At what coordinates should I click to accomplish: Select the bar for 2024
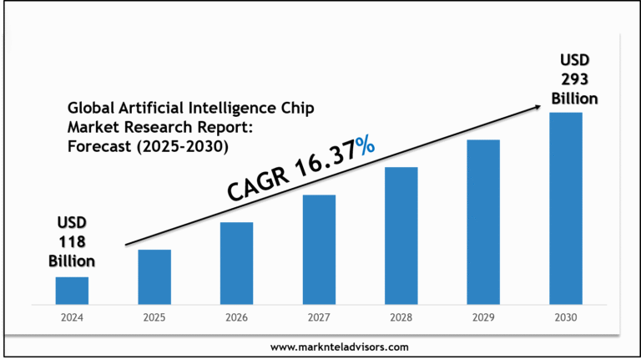tap(72, 290)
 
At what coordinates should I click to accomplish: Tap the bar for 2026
tap(236, 262)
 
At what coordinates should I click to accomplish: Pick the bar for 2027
tap(319, 248)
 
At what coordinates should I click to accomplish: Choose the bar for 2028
tap(401, 235)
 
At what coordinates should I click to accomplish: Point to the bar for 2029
tap(483, 221)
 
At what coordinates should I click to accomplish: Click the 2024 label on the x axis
tap(72, 317)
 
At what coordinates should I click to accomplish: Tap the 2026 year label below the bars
tap(236, 317)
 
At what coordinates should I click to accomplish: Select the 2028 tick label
tap(401, 317)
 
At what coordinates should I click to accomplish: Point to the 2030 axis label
tap(565, 317)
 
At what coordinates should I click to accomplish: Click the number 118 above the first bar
tap(71, 242)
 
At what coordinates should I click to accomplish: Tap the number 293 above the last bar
tap(573, 79)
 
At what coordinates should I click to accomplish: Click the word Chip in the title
tap(298, 109)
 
